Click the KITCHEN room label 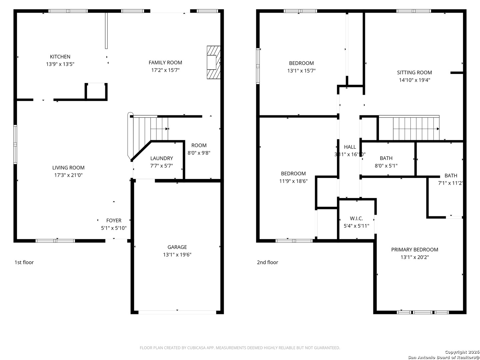pos(60,57)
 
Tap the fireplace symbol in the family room pos(213,62)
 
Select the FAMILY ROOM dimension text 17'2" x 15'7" pos(165,70)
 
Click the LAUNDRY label pos(161,158)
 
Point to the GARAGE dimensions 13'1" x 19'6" pos(177,255)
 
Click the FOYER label pos(114,220)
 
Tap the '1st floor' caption pos(24,262)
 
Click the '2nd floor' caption pos(267,262)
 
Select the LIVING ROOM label pos(68,168)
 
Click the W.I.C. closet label pos(356,218)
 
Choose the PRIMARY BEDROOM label pos(414,250)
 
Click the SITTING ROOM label pos(414,72)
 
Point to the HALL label pos(350,147)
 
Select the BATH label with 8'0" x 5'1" pos(386,158)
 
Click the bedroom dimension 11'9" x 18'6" pos(293,181)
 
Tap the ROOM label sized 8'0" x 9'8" pos(199,145)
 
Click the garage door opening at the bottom pos(177,312)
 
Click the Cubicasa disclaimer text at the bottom pos(240,348)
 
